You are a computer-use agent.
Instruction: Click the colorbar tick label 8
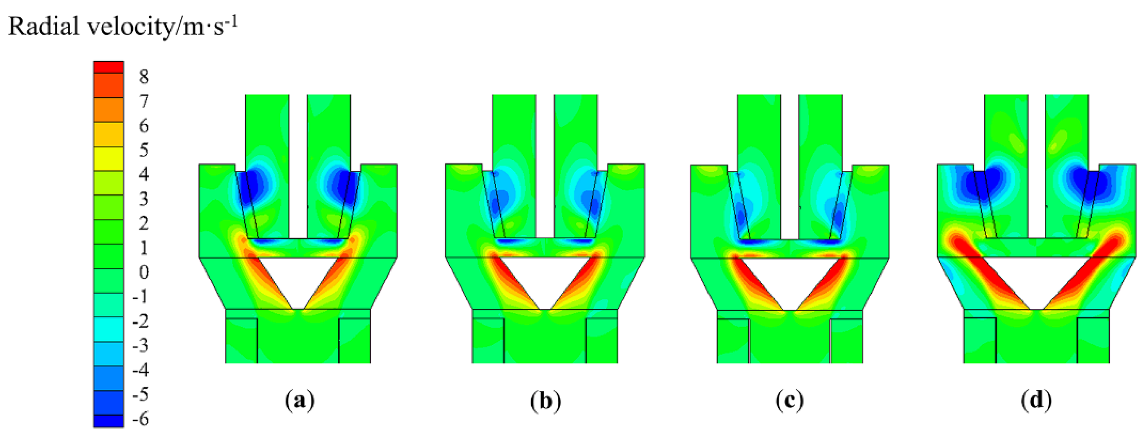[x=143, y=77]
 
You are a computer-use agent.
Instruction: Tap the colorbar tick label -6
[x=141, y=419]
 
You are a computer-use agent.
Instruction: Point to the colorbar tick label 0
[x=144, y=272]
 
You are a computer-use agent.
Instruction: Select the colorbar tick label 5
[x=143, y=150]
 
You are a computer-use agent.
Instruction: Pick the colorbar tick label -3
[x=141, y=346]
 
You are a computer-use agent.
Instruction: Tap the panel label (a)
[x=299, y=401]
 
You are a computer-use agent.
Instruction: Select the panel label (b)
[x=545, y=401]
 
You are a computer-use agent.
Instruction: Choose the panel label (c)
[x=790, y=401]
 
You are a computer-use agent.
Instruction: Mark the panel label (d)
[x=1036, y=401]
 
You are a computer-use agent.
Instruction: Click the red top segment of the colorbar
[x=108, y=67]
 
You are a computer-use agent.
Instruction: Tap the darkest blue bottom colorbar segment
[x=108, y=421]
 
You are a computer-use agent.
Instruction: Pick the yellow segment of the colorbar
[x=108, y=158]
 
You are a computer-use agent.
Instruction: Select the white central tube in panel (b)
[x=545, y=165]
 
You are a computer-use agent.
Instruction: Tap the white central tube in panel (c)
[x=790, y=165]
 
